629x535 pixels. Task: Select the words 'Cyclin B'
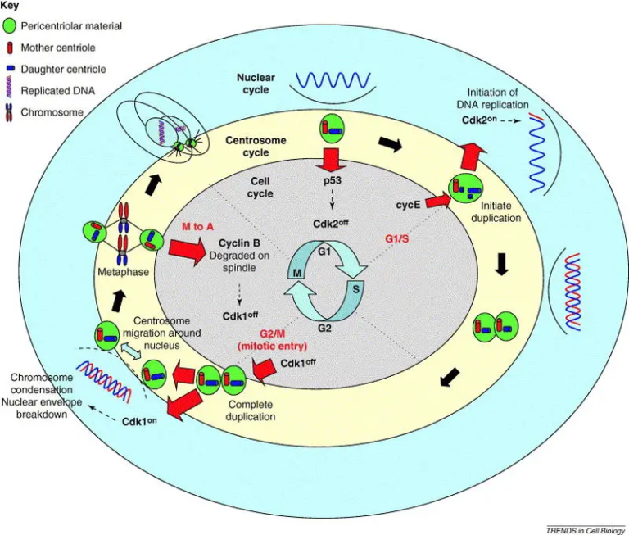[x=241, y=243]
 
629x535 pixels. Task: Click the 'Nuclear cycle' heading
[x=256, y=84]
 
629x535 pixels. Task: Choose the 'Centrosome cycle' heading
[x=256, y=146]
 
